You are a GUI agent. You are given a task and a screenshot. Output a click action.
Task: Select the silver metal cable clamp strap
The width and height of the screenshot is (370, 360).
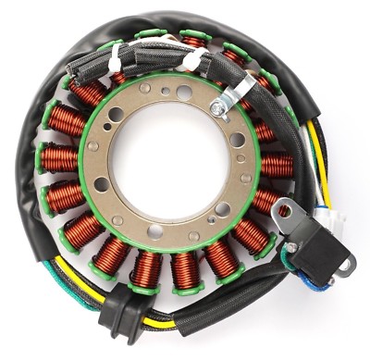click(239, 93)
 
